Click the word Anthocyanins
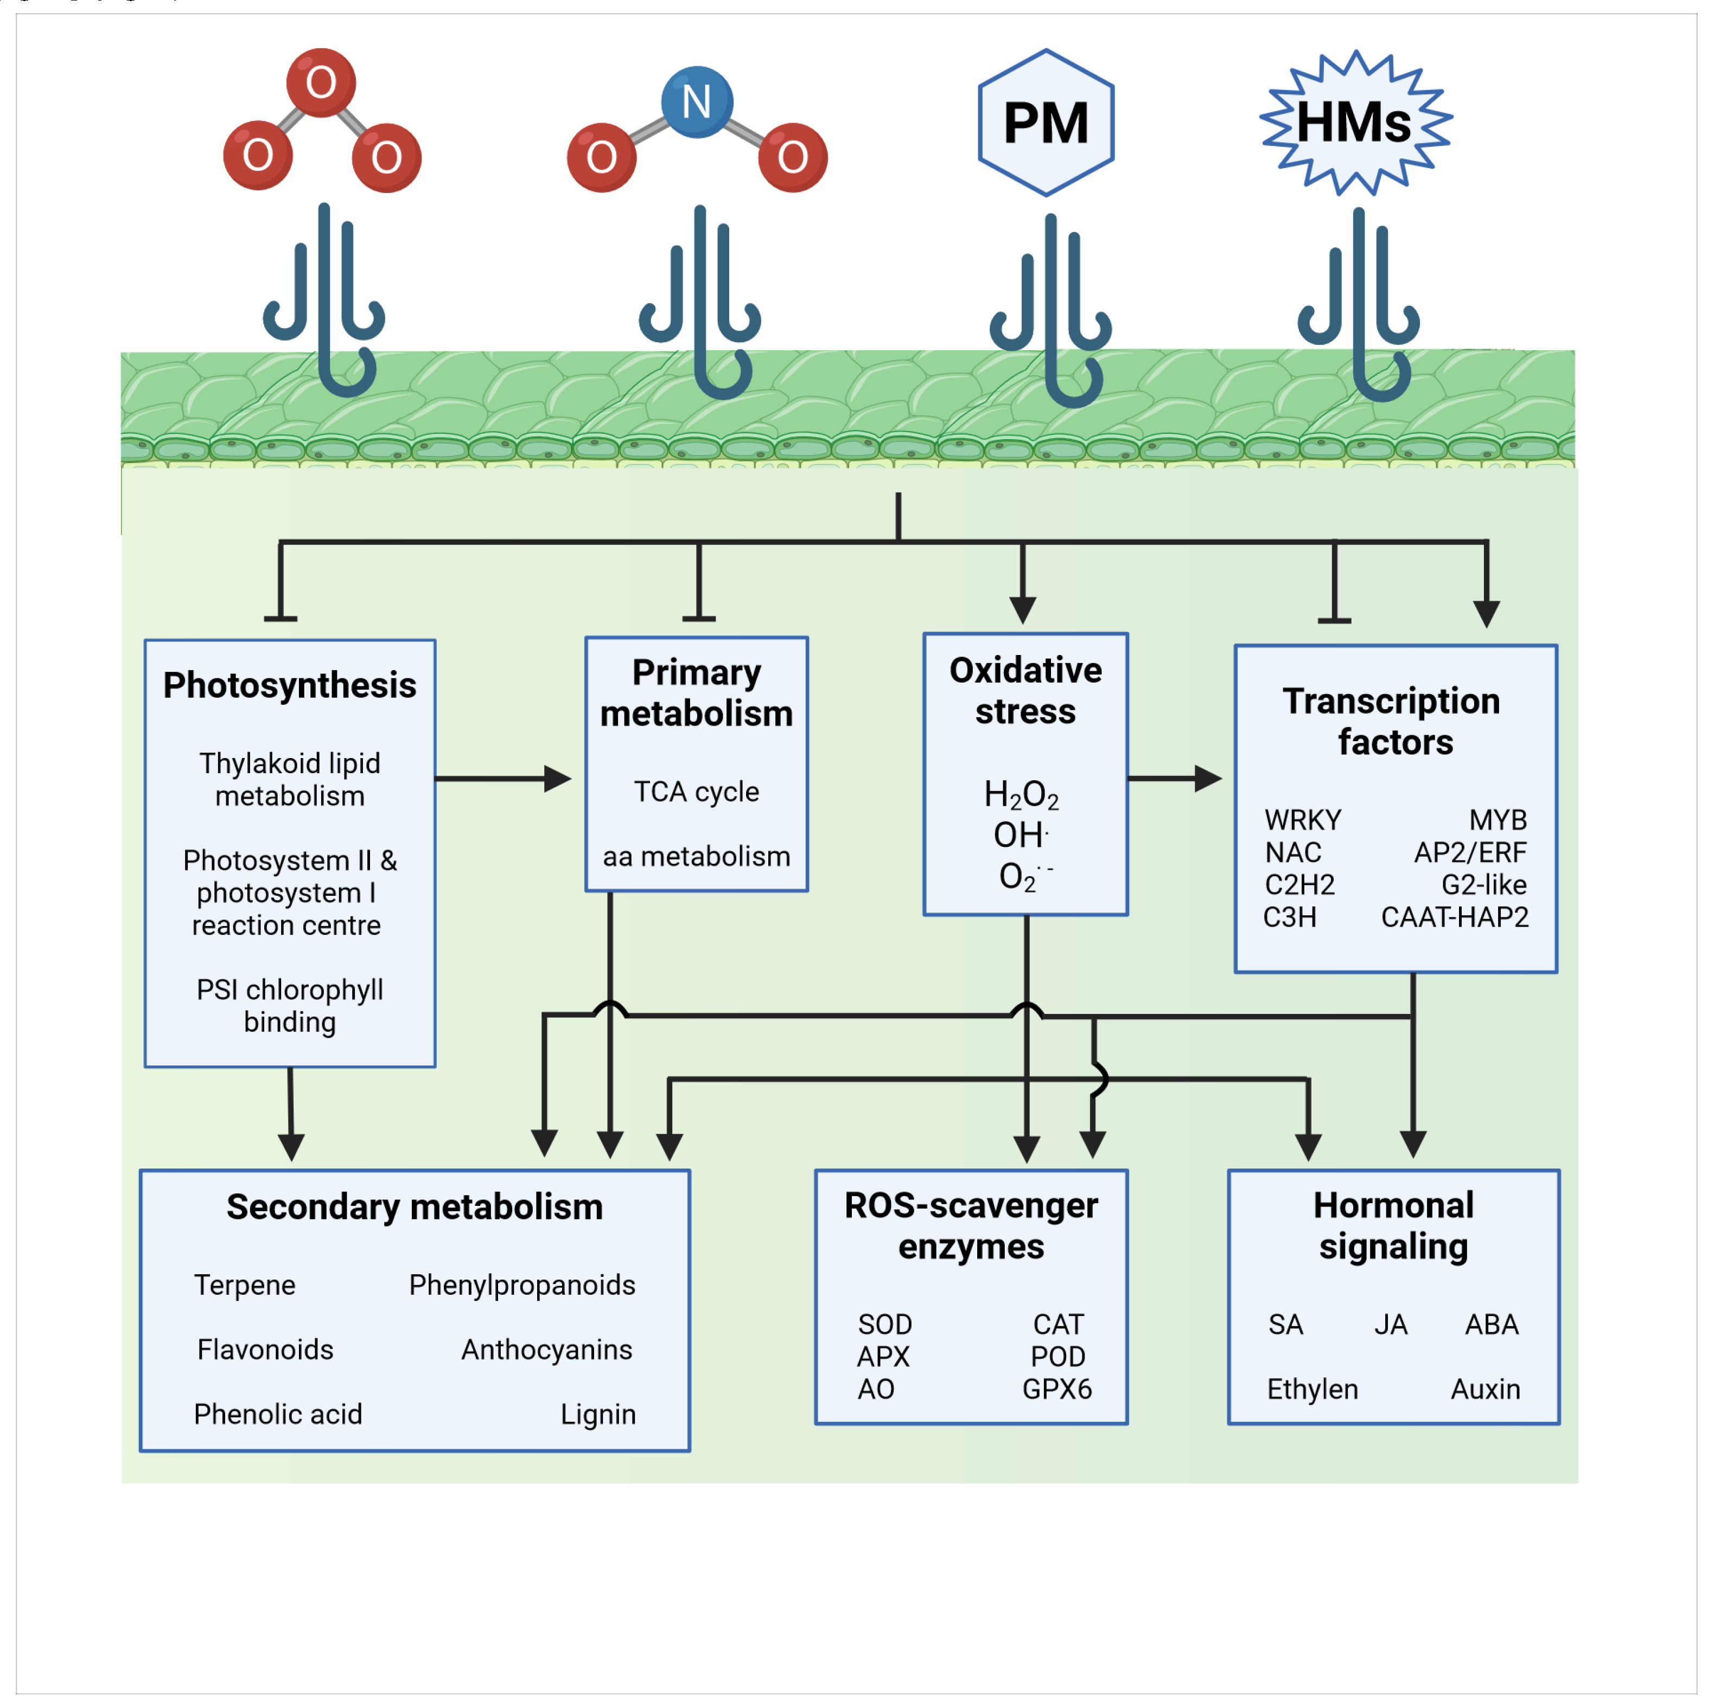click(x=546, y=1349)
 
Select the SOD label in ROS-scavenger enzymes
click(x=884, y=1324)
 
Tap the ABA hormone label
click(x=1492, y=1324)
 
